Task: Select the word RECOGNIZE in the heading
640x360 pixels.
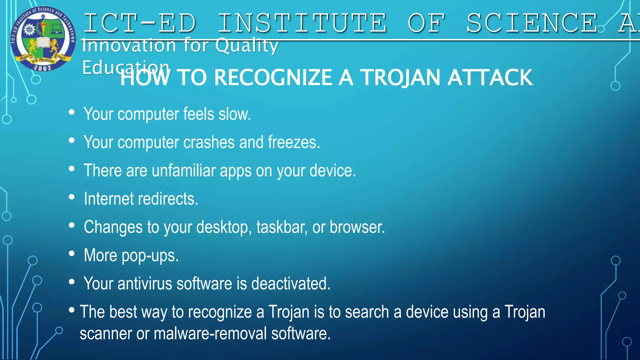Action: [273, 78]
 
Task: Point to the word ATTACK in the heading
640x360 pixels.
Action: [490, 78]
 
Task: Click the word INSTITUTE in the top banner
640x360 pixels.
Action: [302, 23]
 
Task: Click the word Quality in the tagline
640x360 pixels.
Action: [247, 46]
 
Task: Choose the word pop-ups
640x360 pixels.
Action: [150, 256]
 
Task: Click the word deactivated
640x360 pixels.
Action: [291, 284]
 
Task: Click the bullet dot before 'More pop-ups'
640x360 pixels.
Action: [72, 253]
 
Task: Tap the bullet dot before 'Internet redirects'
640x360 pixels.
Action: [72, 197]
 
